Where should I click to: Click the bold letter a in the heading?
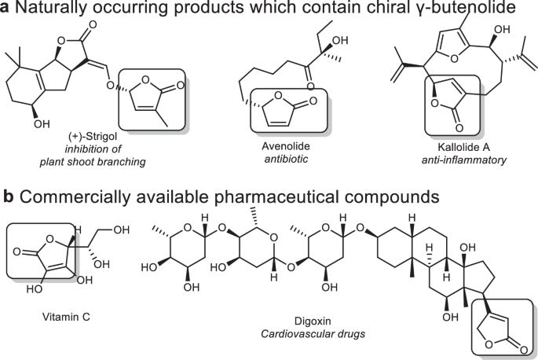point(6,10)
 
